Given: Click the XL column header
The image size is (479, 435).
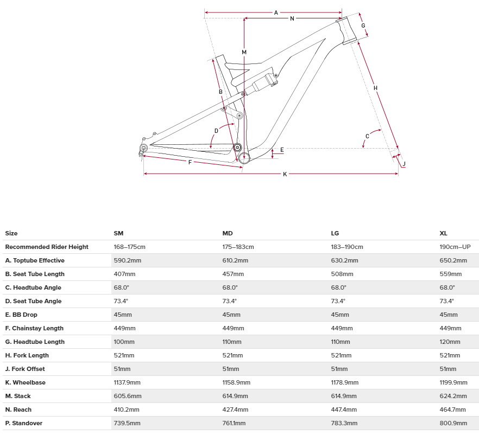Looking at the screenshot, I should coord(444,233).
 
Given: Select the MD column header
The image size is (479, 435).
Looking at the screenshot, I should coord(228,233).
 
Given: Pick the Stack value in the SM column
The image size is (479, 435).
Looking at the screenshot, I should coord(127,396).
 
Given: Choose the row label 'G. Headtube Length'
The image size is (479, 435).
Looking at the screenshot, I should coord(35,342).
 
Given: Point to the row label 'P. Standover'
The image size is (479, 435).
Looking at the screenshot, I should coord(24,423).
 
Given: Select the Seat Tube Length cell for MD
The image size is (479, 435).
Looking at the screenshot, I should coord(233,274).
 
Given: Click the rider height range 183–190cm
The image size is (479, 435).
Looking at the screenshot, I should coord(347,247).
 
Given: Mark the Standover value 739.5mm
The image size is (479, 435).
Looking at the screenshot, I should coord(127,423).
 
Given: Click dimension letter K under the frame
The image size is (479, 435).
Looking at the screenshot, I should coord(285,174).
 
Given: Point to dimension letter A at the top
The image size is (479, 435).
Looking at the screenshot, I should coord(276,12).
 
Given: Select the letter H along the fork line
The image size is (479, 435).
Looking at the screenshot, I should coord(375,88).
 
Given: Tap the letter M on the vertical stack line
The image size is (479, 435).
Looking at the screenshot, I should coord(244,52).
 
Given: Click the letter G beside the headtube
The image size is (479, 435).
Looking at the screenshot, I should coord(363,25).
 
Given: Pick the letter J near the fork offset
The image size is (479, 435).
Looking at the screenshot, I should coord(404,164).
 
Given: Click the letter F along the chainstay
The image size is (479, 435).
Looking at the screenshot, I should coord(190,162).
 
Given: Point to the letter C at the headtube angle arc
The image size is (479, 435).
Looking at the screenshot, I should coord(367,136).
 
